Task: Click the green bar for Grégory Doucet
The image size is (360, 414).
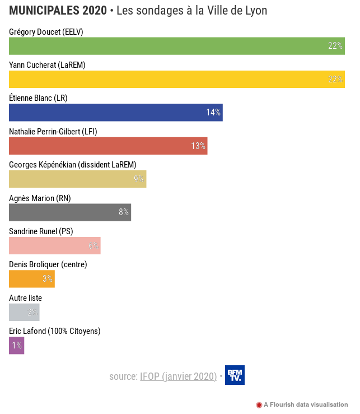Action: click(168, 46)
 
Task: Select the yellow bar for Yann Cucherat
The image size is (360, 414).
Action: click(168, 79)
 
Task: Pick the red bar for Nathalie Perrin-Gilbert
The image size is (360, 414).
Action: click(101, 146)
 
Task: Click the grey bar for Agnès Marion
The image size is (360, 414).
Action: click(62, 212)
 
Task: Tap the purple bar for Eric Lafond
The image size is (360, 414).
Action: click(16, 345)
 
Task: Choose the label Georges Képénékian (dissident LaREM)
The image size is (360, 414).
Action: click(73, 165)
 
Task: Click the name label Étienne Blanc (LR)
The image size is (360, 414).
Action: click(38, 98)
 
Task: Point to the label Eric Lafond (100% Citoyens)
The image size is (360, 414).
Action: click(55, 331)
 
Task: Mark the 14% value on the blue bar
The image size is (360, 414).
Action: click(213, 113)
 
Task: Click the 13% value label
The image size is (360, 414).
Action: click(198, 146)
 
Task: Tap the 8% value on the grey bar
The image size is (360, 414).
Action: click(124, 212)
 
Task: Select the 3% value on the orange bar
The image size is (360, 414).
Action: click(48, 279)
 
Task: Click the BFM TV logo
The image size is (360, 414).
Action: click(235, 375)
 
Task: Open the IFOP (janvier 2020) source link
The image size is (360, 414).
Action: click(178, 376)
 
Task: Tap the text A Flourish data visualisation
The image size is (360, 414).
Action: click(306, 404)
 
